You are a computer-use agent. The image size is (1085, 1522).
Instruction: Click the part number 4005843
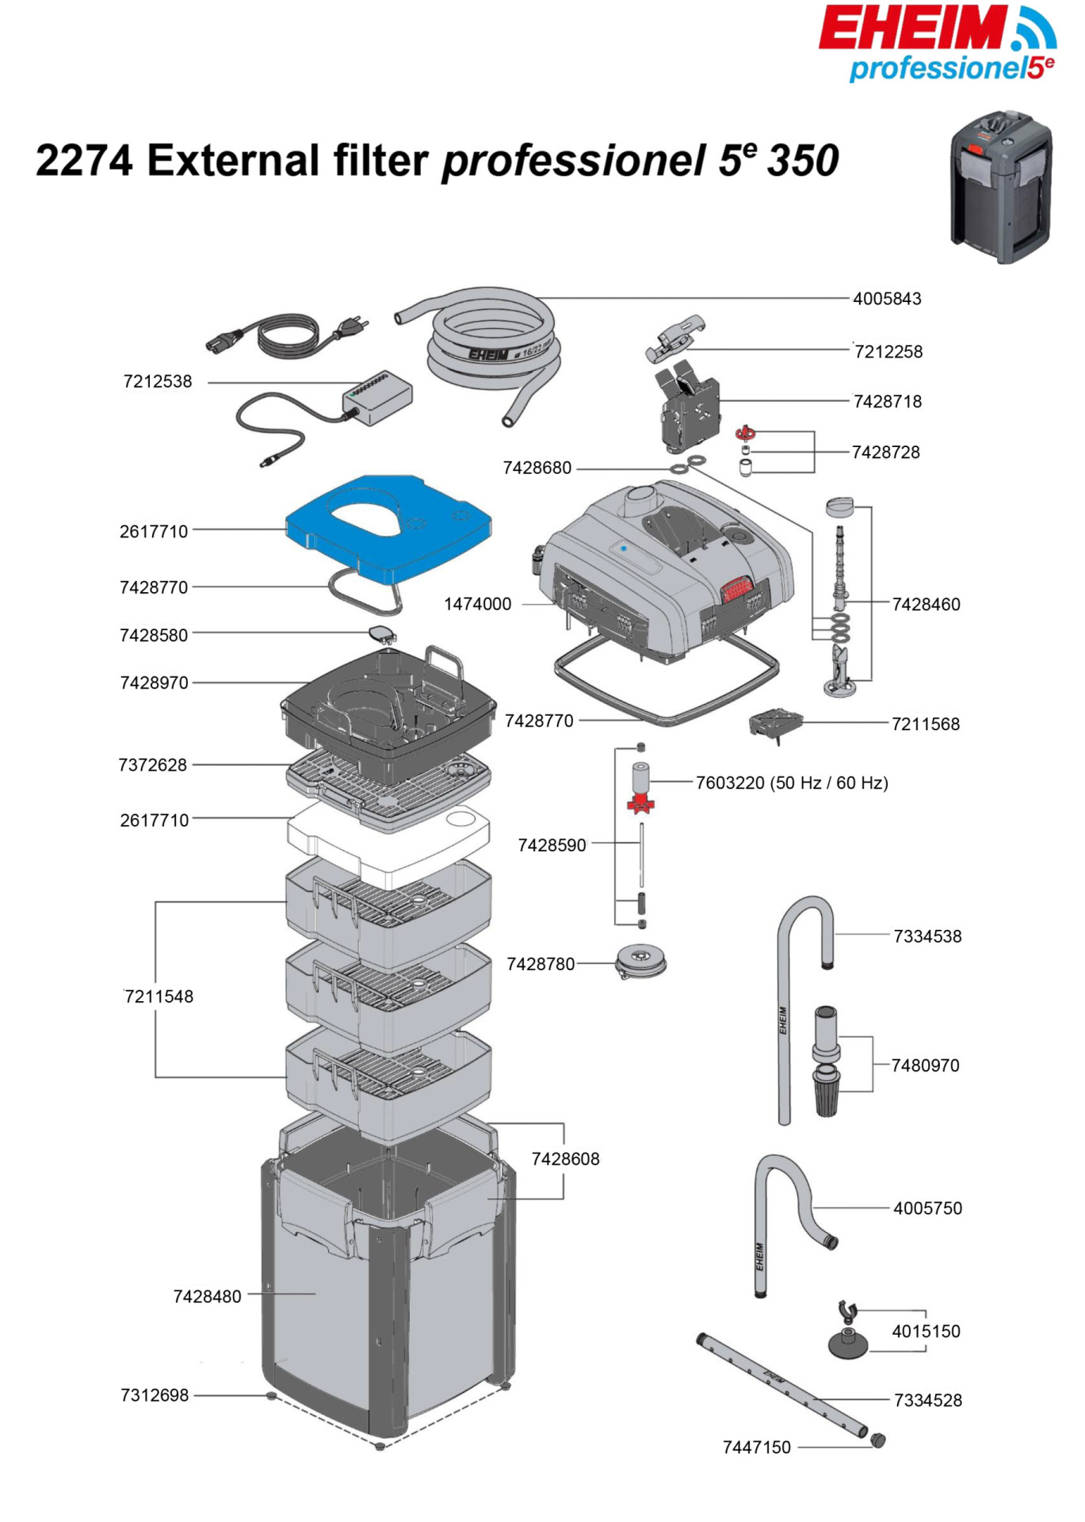(887, 299)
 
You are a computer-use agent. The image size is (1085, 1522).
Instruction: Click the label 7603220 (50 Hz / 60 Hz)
(792, 783)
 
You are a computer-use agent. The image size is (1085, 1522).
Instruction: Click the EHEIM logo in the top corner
(938, 44)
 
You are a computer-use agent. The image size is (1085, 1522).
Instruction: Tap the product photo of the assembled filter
(1001, 186)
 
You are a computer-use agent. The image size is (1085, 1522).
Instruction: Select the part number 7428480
(207, 1296)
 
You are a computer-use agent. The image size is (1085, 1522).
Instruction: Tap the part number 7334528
(927, 1400)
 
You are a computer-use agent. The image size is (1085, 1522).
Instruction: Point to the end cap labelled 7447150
(877, 1440)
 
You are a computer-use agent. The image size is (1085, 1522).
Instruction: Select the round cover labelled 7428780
(640, 962)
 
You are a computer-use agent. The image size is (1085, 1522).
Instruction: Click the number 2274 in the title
(84, 160)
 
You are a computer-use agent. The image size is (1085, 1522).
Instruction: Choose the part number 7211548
(159, 996)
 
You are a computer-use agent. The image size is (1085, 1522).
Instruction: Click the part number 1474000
(477, 604)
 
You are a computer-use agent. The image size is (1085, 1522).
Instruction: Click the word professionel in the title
(573, 162)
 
